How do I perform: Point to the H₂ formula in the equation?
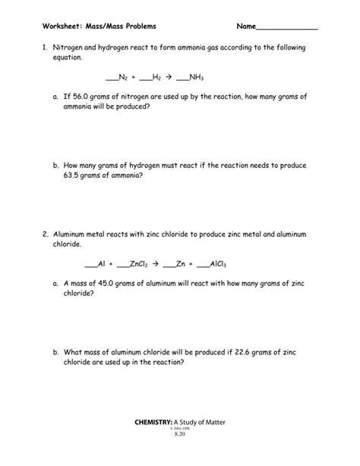156,78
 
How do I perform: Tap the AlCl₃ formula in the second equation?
217,264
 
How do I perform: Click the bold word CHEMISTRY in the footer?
153,422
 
